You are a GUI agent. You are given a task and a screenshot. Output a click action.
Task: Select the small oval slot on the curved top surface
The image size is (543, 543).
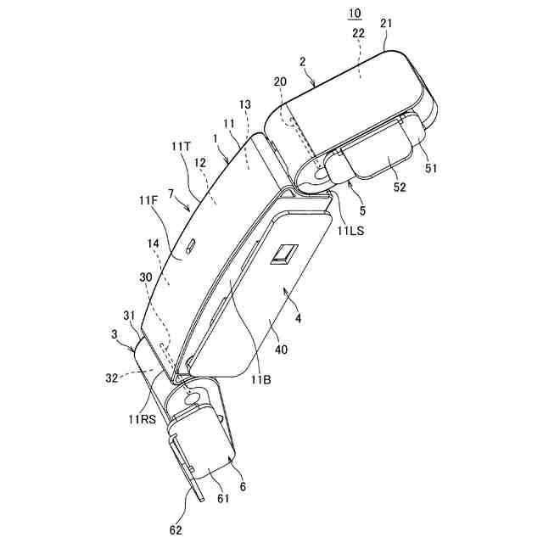pyautogui.click(x=190, y=247)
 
